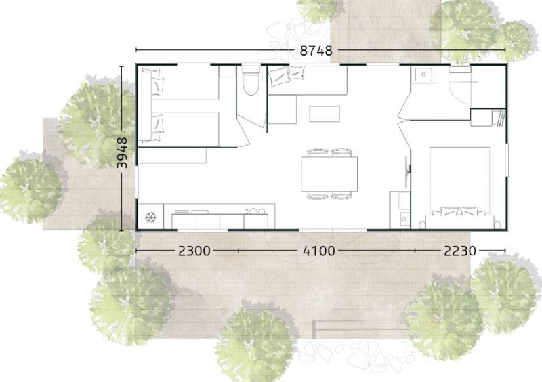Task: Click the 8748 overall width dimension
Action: (x=316, y=51)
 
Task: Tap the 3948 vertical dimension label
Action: (x=123, y=153)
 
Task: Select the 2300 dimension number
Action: (x=194, y=251)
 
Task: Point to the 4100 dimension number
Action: (x=318, y=251)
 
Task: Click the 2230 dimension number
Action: (x=460, y=251)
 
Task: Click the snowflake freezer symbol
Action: (x=150, y=217)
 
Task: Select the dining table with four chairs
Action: (x=329, y=174)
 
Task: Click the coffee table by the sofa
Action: (x=325, y=114)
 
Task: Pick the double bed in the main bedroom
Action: (x=460, y=181)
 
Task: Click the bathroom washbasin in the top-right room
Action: (x=423, y=75)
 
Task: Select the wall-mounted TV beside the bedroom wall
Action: (x=408, y=168)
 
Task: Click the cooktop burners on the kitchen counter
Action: (x=255, y=211)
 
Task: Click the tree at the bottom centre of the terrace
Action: (x=255, y=342)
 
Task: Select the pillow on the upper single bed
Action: (x=157, y=83)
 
